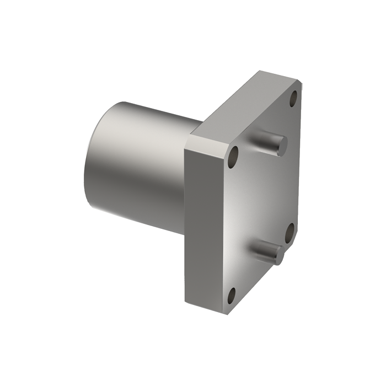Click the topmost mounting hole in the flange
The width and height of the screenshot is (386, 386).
tap(293, 99)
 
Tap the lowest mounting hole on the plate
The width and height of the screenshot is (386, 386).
tap(232, 296)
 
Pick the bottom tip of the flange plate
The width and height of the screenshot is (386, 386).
tap(227, 312)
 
